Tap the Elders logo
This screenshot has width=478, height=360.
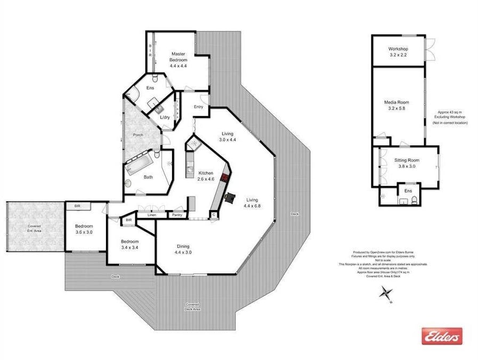coord(442,336)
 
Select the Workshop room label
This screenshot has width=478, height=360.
coord(398,52)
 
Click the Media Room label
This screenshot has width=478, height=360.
coord(398,105)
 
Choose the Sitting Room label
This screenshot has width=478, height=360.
coord(407,163)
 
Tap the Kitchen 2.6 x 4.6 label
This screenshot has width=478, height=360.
coord(206,177)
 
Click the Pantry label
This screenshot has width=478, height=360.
coord(176,215)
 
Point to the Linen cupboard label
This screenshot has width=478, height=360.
coord(152,215)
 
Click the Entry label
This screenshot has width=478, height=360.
coord(199,107)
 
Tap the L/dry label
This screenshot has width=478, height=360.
coord(165,117)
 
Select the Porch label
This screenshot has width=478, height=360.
coord(138,135)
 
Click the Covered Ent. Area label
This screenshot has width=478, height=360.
coord(34,229)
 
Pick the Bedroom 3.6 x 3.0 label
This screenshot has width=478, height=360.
coord(84,229)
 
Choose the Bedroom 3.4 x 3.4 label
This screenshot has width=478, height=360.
coord(129,244)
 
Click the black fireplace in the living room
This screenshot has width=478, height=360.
coord(230,198)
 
